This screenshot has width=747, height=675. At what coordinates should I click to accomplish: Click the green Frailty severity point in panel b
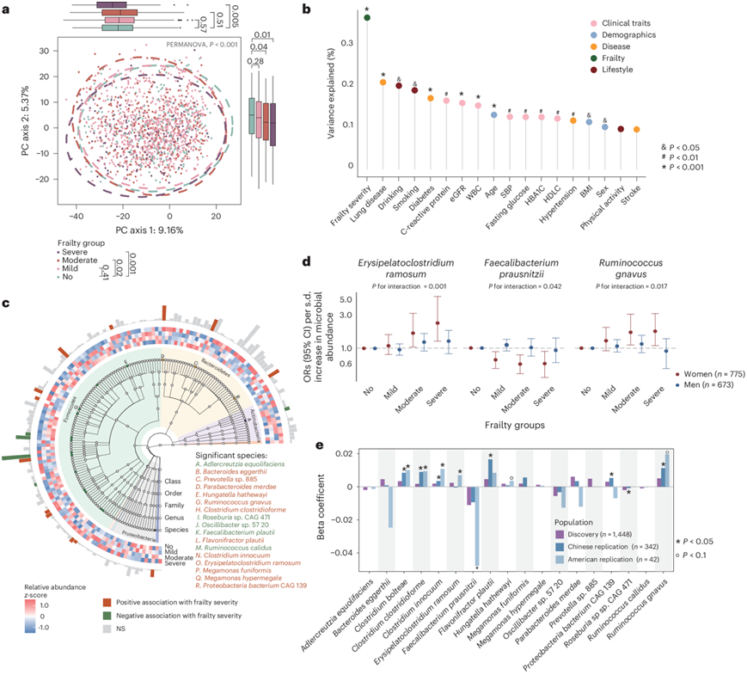(368, 17)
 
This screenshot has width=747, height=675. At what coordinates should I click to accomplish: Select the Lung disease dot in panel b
(383, 83)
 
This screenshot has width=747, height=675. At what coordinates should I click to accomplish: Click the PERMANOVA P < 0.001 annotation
(200, 43)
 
